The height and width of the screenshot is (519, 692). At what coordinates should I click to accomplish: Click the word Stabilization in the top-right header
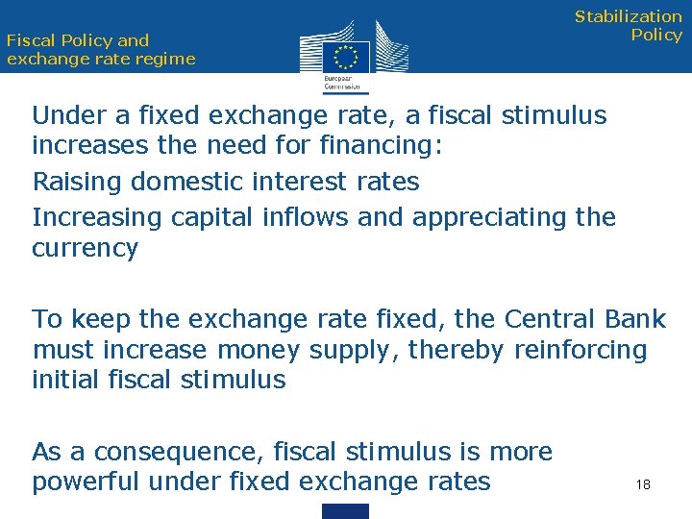click(x=628, y=16)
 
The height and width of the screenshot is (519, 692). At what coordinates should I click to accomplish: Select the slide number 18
click(x=643, y=484)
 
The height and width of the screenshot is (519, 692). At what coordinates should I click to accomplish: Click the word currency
click(x=85, y=248)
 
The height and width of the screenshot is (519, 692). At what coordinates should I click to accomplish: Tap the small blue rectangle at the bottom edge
click(x=345, y=511)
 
